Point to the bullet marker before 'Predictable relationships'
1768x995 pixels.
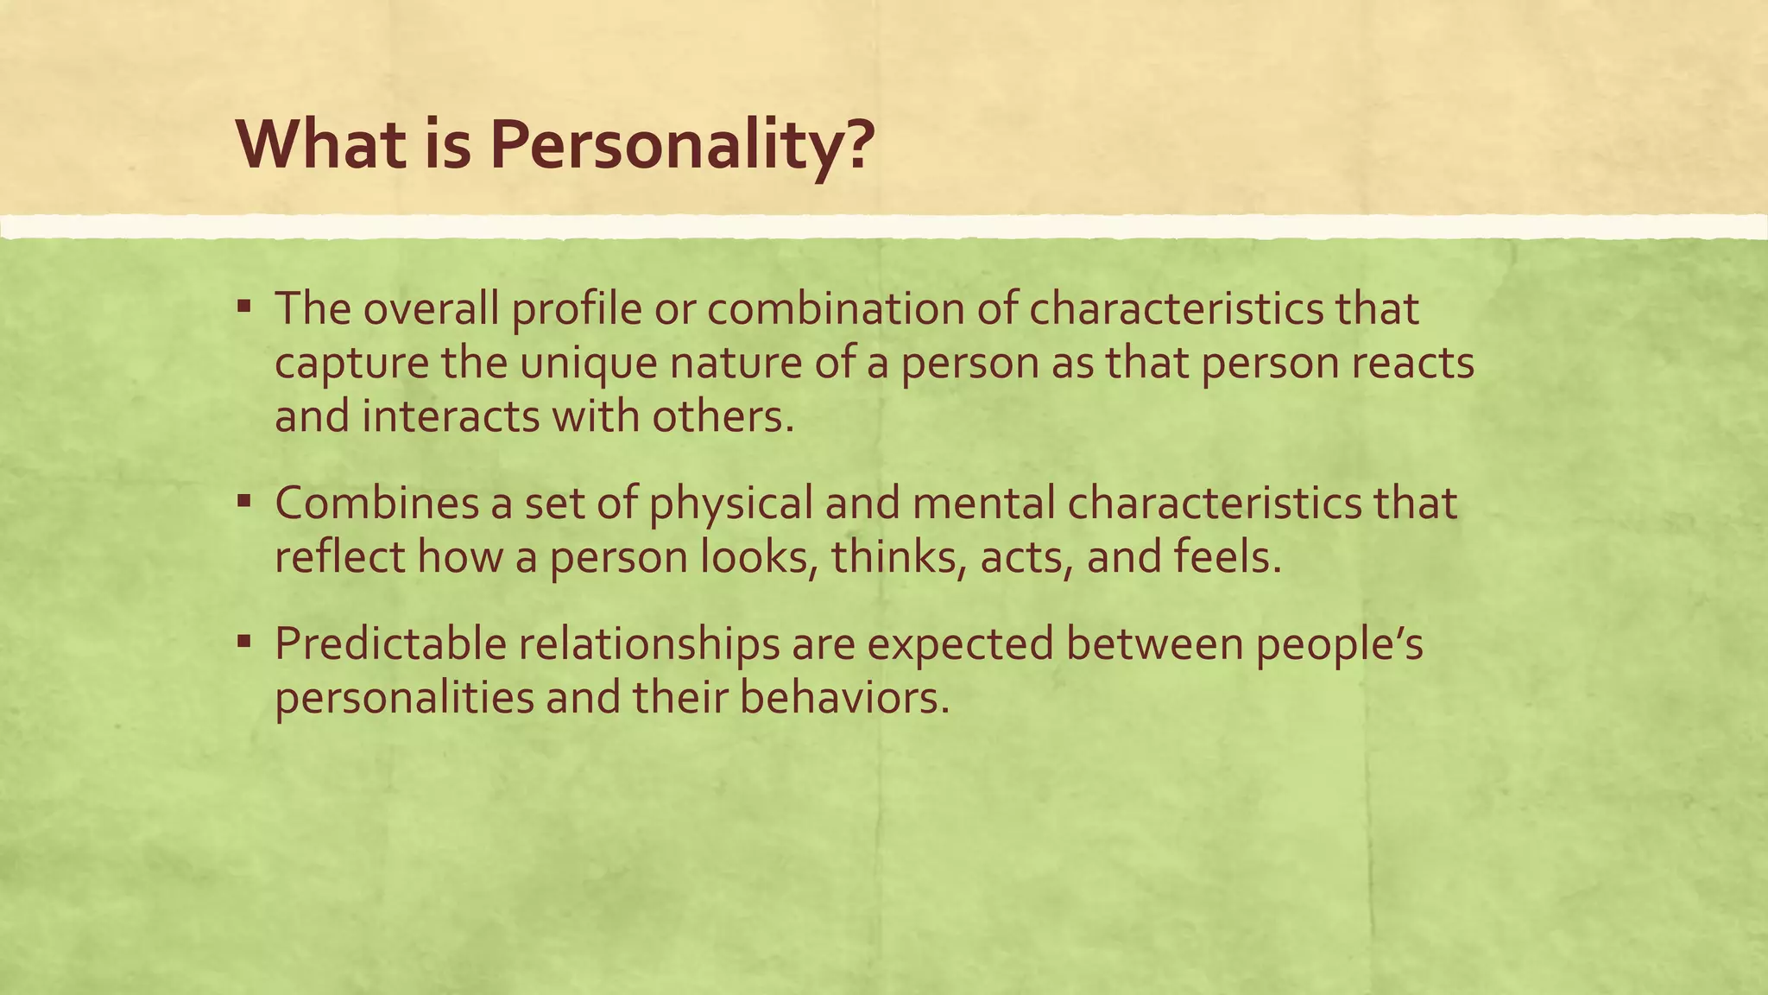tap(244, 641)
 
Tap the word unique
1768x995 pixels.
tap(587, 363)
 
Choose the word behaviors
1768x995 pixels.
tap(844, 698)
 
